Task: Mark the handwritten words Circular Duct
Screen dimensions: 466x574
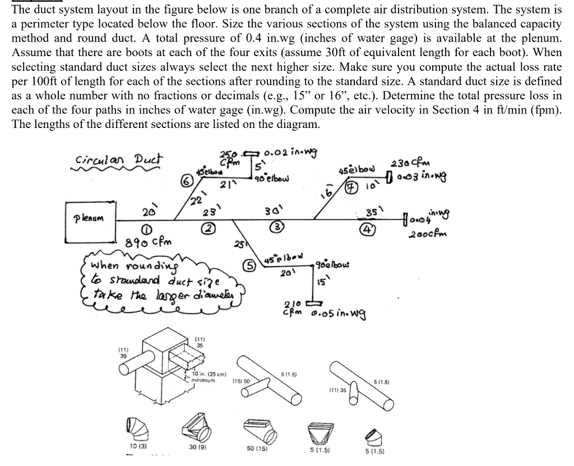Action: click(117, 159)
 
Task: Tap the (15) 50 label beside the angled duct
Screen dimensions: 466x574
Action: click(242, 381)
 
